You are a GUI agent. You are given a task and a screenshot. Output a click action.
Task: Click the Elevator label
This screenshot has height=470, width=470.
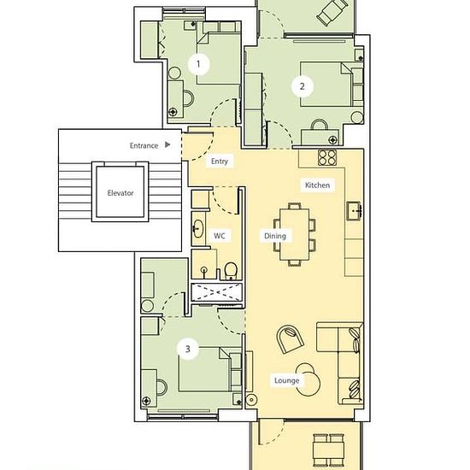click(x=120, y=193)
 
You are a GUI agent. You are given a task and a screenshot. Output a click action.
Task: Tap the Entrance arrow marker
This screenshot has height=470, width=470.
click(x=167, y=144)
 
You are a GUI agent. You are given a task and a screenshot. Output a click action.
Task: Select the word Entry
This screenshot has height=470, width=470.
click(x=220, y=162)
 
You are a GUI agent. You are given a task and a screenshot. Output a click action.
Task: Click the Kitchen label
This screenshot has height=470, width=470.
click(x=317, y=185)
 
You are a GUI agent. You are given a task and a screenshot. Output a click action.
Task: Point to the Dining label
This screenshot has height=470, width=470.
click(x=275, y=236)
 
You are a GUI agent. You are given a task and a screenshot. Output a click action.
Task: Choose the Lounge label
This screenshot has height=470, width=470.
click(x=286, y=380)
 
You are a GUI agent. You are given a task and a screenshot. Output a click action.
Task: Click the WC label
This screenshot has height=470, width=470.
click(x=219, y=236)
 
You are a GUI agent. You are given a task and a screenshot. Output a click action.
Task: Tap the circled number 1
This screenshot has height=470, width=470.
click(x=198, y=64)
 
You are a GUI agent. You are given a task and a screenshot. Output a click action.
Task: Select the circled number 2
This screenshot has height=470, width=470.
click(x=303, y=86)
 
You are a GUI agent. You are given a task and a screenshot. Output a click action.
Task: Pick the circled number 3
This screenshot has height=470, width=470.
click(x=188, y=349)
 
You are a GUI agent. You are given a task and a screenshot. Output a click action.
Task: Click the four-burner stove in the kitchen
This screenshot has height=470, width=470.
click(x=327, y=157)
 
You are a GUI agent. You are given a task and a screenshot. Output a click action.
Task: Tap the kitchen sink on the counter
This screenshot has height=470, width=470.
click(x=354, y=211)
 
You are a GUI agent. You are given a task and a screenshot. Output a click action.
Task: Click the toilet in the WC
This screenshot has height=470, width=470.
click(x=231, y=271)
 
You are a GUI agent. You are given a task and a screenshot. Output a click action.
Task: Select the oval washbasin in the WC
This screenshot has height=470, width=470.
click(x=198, y=229)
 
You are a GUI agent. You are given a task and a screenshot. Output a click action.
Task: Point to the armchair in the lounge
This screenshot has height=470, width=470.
click(x=290, y=339)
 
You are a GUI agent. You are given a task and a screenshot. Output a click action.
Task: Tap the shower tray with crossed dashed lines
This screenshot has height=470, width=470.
click(x=216, y=292)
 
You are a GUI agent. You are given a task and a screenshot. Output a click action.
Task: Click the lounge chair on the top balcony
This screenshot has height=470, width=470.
click(x=332, y=12)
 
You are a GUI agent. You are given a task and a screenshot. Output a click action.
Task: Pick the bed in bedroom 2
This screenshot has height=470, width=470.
click(x=326, y=85)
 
